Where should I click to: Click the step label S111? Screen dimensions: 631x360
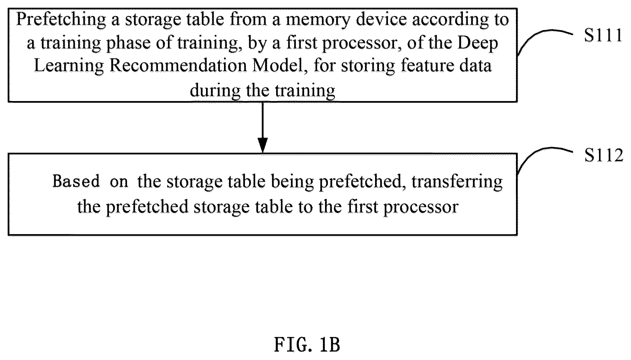pyautogui.click(x=603, y=36)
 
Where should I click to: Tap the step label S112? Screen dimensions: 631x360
pyautogui.click(x=604, y=155)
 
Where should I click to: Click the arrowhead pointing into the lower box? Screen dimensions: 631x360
pyautogui.click(x=263, y=145)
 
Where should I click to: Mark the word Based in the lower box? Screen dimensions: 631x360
pyautogui.click(x=76, y=181)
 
